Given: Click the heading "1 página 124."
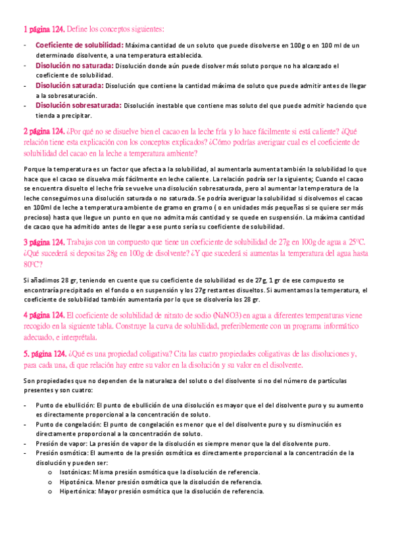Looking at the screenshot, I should click(x=43, y=28).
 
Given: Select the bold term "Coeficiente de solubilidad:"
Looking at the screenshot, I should click(x=79, y=45).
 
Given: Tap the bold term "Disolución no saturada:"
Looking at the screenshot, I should click(x=74, y=66).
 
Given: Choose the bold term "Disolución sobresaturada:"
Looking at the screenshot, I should click(x=78, y=105).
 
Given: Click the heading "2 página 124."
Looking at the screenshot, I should click(x=43, y=131).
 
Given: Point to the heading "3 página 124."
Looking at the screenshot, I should click(x=43, y=242).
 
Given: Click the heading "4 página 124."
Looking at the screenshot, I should click(x=43, y=315).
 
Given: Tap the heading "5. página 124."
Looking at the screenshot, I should click(x=45, y=353).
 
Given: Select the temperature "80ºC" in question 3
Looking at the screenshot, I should click(x=33, y=264).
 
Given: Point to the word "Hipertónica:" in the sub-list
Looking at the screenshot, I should click(x=77, y=491).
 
